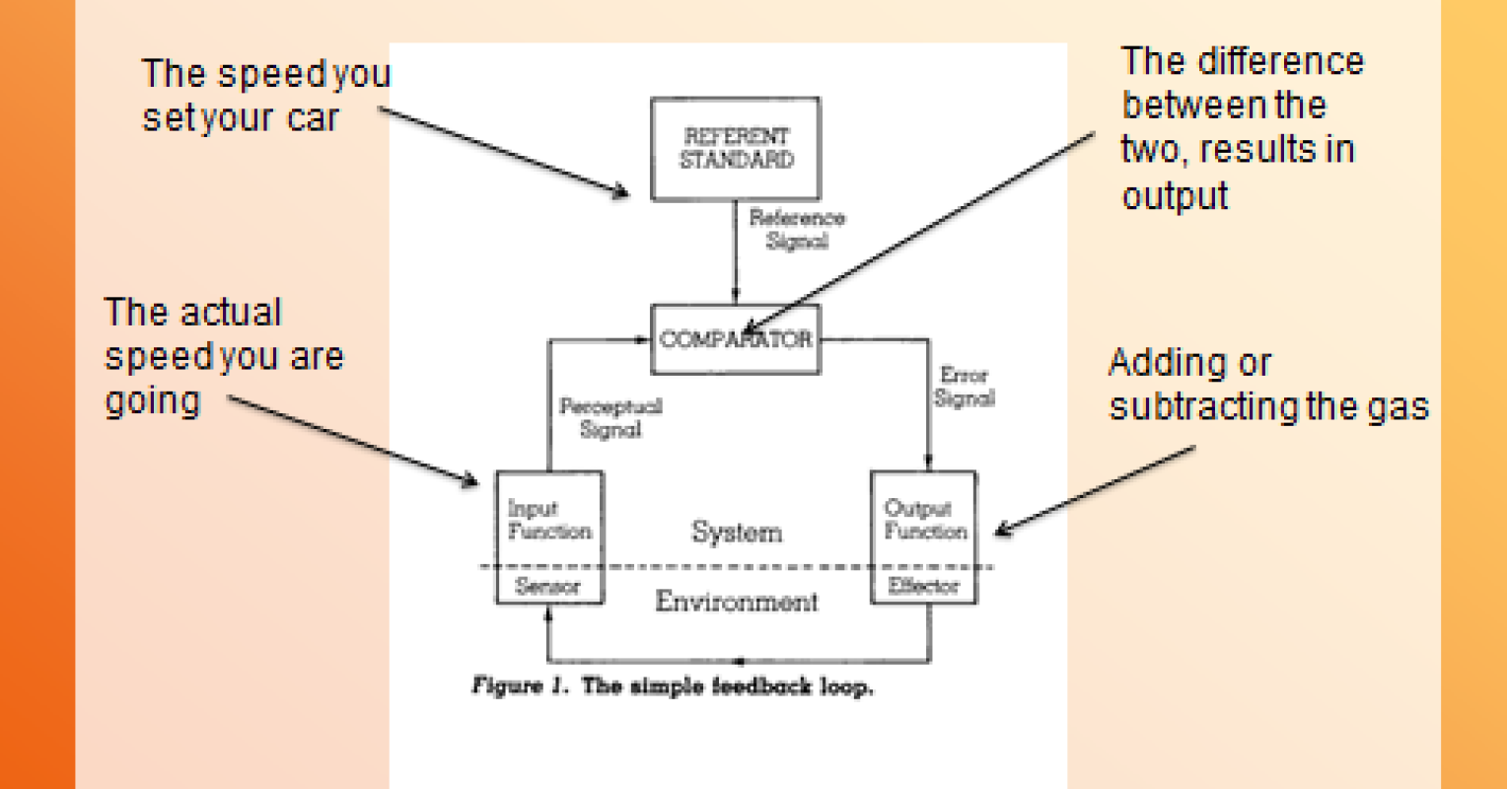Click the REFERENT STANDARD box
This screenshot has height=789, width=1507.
[x=736, y=148]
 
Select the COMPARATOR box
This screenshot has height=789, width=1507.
[x=736, y=339]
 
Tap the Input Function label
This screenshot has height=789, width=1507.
[x=548, y=520]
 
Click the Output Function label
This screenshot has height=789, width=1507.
[x=924, y=520]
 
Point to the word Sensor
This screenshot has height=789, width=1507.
[x=548, y=587]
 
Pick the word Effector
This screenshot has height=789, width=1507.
[x=924, y=586]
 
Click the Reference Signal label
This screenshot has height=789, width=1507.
[x=797, y=229]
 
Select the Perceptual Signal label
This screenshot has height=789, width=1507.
[x=610, y=417]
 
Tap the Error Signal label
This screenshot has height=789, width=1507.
[x=965, y=387]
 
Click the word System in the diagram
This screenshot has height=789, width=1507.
[x=737, y=533]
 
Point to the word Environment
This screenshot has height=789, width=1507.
[x=737, y=601]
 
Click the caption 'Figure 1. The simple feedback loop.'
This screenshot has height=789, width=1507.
[x=673, y=686]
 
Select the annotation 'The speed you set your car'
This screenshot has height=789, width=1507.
[x=264, y=96]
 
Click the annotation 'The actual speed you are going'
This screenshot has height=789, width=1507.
[x=223, y=356]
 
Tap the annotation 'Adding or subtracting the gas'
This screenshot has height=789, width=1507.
[x=1267, y=385]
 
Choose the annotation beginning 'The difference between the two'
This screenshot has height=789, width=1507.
[x=1241, y=128]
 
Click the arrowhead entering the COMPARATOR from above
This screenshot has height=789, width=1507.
[x=736, y=298]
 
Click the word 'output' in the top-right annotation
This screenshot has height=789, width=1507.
[x=1175, y=195]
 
